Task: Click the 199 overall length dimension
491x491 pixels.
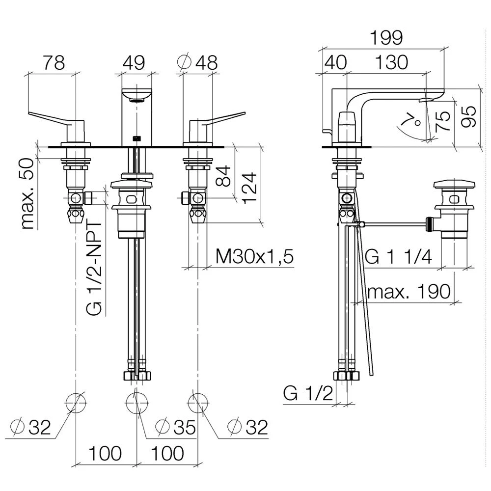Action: click(x=386, y=38)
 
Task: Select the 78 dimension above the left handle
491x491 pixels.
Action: click(x=54, y=63)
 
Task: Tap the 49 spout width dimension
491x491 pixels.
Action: click(x=134, y=63)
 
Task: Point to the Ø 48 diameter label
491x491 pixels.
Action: click(x=197, y=63)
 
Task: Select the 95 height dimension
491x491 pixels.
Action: click(x=468, y=116)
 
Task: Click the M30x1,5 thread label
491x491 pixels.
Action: click(x=254, y=257)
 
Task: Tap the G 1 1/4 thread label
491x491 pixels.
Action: click(x=399, y=257)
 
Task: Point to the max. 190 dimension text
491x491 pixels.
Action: click(x=409, y=292)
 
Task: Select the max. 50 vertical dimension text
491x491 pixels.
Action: click(x=28, y=194)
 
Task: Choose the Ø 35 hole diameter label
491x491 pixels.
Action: click(x=176, y=427)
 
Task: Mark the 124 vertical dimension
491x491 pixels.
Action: click(x=249, y=188)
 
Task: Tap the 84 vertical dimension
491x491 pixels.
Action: click(x=223, y=177)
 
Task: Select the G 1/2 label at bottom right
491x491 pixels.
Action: click(x=308, y=393)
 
